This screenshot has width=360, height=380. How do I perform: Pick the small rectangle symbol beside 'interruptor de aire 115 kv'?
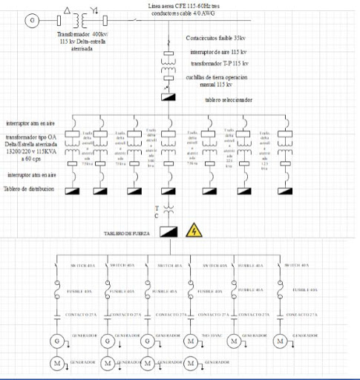(x=168, y=54)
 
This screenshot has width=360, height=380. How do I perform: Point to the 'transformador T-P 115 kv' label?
(x=217, y=65)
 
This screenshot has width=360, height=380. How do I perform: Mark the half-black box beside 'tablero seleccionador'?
(x=168, y=99)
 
